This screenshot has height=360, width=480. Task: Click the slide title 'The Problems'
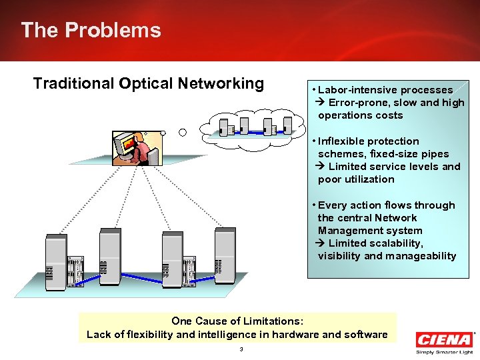point(91,30)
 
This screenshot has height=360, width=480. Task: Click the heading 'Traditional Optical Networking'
point(148,83)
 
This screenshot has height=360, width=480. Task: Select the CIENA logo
point(443,339)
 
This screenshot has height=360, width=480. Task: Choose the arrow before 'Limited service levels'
point(322,167)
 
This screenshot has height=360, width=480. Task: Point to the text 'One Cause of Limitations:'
point(237,321)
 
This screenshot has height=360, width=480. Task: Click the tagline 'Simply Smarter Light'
point(443,352)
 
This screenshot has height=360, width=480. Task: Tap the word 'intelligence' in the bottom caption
point(219,334)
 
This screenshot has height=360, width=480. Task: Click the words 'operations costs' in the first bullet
point(360,115)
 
